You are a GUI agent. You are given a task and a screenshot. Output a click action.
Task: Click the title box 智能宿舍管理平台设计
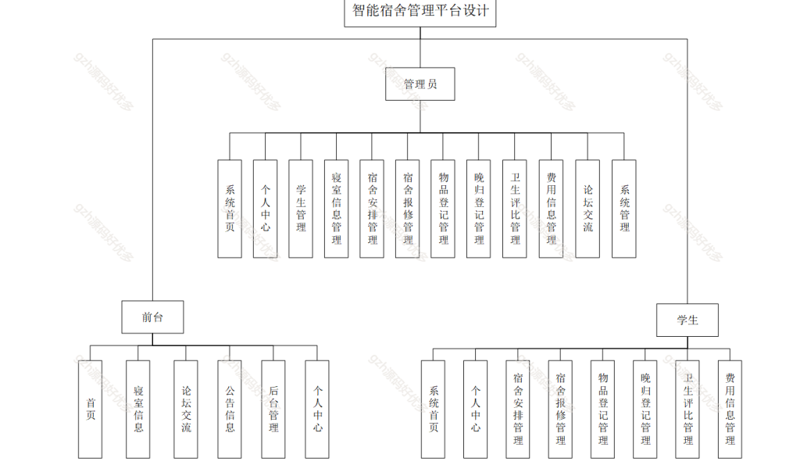coord(420,13)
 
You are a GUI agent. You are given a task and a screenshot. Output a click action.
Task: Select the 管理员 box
coord(420,84)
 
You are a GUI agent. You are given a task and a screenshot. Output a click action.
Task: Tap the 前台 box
coord(152,317)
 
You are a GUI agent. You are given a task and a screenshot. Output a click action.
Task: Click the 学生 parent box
coord(687,320)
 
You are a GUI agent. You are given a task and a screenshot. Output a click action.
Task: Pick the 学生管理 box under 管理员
coord(301,209)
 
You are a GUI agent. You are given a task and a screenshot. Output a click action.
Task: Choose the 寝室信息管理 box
coord(336,209)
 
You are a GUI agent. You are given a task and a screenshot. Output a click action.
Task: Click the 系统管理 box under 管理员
coord(624,209)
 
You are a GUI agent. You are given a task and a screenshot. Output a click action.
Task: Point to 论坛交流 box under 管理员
coord(587,209)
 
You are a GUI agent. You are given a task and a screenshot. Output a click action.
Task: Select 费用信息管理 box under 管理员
coord(551,209)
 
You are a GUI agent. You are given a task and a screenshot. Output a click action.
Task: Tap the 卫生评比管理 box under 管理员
coord(514,209)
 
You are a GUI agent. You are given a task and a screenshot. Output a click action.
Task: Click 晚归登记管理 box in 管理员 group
coord(479,209)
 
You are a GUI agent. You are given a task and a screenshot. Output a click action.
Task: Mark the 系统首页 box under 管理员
coord(230,209)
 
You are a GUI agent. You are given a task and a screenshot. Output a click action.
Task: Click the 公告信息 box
coord(230,410)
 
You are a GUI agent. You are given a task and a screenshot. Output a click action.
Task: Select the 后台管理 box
coord(273,410)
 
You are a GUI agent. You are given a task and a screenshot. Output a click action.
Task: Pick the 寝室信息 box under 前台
coord(137,410)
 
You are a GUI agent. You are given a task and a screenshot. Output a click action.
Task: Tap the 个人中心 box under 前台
coord(317,410)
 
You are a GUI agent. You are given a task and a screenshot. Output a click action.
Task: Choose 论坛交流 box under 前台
coord(186,410)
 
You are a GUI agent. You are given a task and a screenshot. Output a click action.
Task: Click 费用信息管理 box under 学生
coord(730,410)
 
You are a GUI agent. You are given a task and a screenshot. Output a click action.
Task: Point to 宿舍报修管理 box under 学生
coord(560,410)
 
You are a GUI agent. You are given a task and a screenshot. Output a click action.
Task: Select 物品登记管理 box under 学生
coord(602,410)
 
